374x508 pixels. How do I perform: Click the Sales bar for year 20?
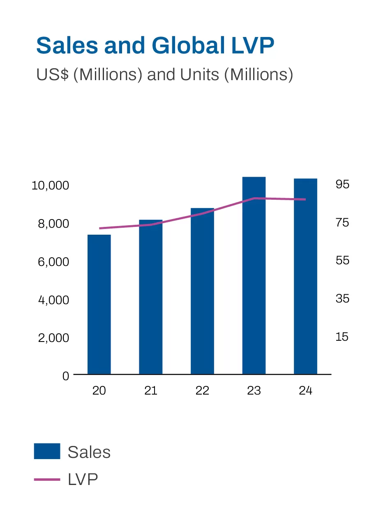[99, 304]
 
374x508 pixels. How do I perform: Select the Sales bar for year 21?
[151, 297]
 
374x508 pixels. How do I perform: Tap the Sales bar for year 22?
[202, 291]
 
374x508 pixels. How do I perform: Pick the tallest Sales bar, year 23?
[254, 275]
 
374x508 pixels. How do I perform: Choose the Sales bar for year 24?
[305, 276]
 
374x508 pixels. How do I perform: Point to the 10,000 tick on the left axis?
[50, 185]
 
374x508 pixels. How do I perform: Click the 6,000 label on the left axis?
[53, 262]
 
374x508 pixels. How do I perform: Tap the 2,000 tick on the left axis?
[53, 338]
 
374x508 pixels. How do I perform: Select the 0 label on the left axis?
[66, 376]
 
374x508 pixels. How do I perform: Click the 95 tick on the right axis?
[342, 185]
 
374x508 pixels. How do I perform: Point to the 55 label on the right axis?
[342, 261]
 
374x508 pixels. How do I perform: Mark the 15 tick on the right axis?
[342, 337]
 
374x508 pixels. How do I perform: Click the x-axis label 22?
[202, 390]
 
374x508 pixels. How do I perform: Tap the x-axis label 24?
[305, 390]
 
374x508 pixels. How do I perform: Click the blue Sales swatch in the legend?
[47, 451]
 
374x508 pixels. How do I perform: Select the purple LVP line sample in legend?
[47, 479]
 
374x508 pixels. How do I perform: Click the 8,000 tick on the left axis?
[53, 224]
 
